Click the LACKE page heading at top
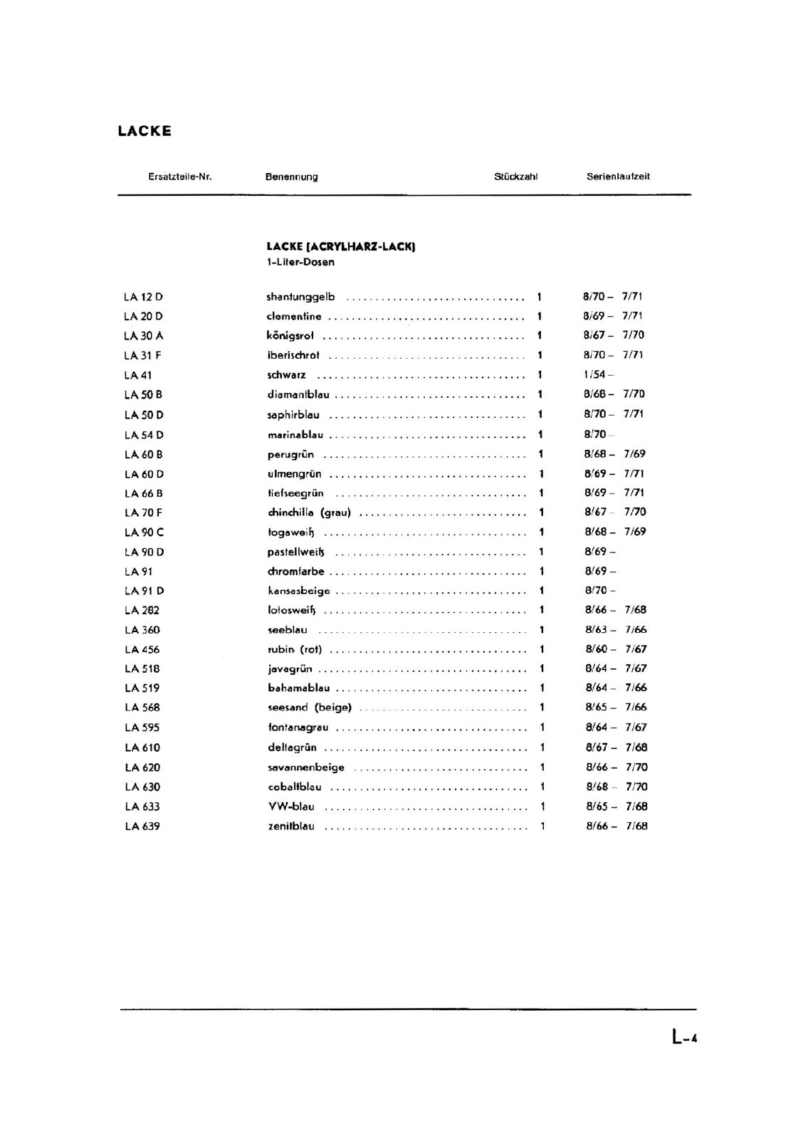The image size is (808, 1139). pos(145,131)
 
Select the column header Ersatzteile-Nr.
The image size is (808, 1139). pos(180,177)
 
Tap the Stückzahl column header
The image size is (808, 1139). pos(515,177)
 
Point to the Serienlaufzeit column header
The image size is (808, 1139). pos(618,177)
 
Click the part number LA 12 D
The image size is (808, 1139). pos(143,297)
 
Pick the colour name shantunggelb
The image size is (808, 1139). pos(300,297)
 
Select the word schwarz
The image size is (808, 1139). pos(286,375)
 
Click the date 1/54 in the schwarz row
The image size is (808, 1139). pos(595,374)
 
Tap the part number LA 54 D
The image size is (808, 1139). pos(144,435)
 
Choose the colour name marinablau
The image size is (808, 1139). pos(295,435)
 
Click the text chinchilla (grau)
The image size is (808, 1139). pos(309,513)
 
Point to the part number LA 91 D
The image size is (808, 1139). pos(144,591)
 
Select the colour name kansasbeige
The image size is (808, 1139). pos(299,591)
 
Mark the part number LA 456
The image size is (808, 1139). pos(142,649)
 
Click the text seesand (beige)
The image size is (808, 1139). pos(310,708)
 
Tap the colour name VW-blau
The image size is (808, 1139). pos(291,807)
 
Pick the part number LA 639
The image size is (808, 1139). pos(142,826)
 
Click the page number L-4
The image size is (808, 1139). pos(684,1036)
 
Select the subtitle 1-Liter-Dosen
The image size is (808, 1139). pos(300,262)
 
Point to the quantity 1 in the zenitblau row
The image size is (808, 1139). pos(542,826)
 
